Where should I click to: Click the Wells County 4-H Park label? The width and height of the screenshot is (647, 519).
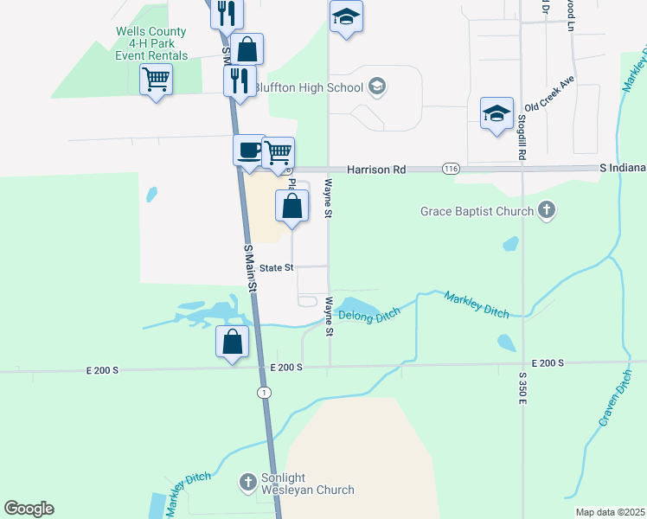tap(151, 43)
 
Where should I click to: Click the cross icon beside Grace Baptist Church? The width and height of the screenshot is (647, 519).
tap(546, 210)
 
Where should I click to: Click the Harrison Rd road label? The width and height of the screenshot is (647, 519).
tap(376, 170)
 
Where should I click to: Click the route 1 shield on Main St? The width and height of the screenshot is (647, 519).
tap(264, 393)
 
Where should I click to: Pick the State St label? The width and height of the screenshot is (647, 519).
tap(278, 268)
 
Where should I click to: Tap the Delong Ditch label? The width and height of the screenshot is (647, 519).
tap(371, 317)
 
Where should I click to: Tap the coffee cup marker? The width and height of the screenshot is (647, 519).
tap(248, 149)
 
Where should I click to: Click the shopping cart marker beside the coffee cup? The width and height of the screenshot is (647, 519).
tap(278, 152)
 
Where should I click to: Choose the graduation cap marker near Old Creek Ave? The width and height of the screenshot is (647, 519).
tap(497, 113)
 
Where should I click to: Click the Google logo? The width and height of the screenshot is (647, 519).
tap(29, 509)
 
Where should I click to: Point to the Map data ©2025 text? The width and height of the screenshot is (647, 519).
tap(610, 512)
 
